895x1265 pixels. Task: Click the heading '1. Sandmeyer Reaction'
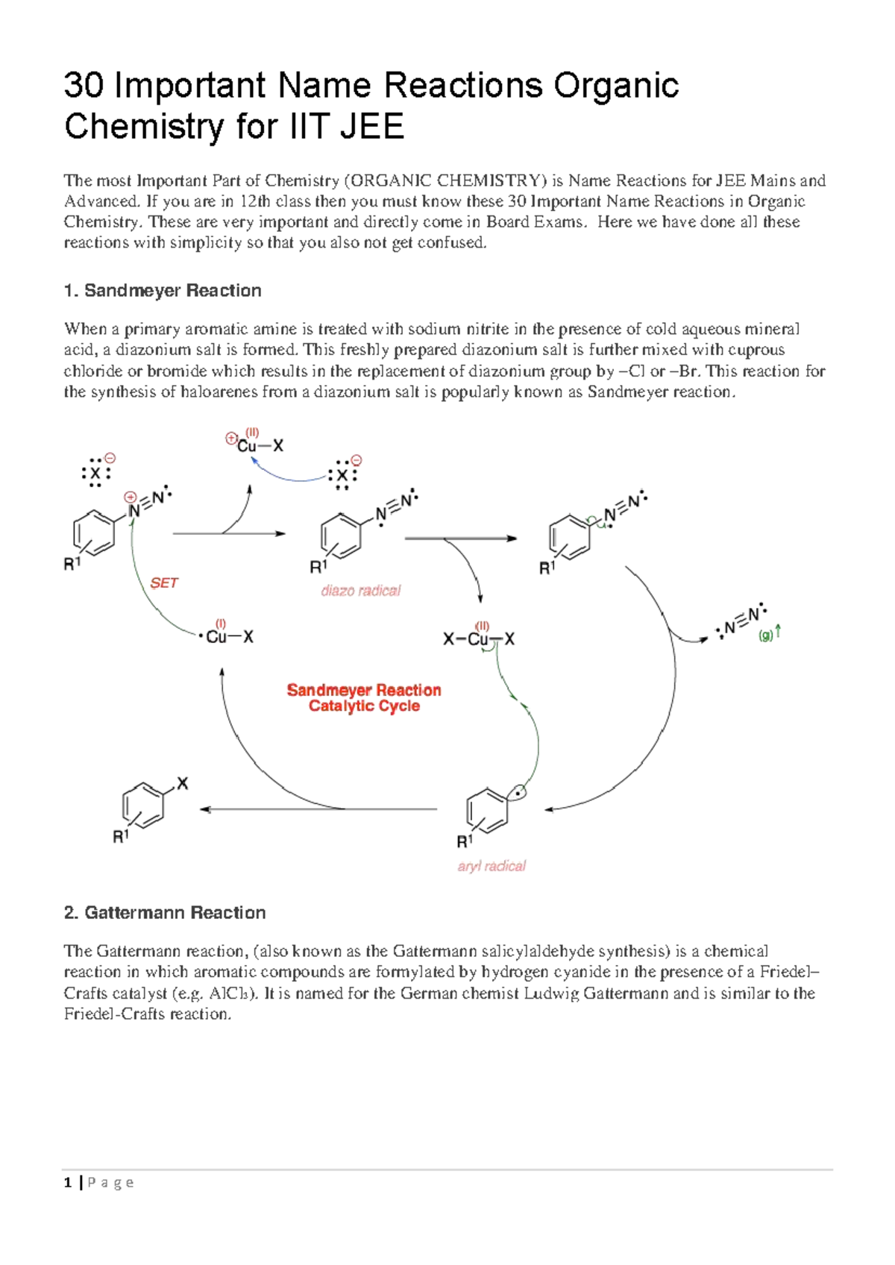(163, 291)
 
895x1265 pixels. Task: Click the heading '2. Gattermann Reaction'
(165, 913)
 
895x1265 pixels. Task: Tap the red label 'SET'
(164, 583)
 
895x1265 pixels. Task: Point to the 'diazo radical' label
(360, 591)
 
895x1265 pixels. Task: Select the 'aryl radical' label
(492, 866)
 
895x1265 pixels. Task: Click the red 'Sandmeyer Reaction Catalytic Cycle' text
(364, 698)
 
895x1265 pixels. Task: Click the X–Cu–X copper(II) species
(479, 639)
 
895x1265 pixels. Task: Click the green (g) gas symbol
(766, 636)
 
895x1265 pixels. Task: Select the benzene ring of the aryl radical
(486, 810)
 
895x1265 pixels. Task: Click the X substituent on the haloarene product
(183, 784)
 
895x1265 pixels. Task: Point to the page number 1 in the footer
(68, 1182)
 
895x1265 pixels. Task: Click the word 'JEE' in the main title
(371, 126)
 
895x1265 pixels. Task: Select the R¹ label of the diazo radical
(318, 567)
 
